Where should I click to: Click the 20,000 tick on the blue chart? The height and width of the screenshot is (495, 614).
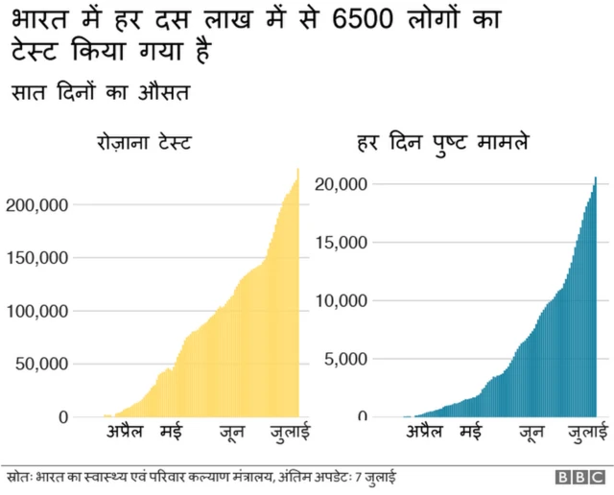pos(342,183)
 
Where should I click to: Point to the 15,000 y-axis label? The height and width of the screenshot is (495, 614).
pos(342,242)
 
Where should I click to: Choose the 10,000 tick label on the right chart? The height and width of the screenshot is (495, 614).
pos(342,300)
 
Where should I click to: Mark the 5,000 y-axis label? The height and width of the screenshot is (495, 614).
pos(347,359)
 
